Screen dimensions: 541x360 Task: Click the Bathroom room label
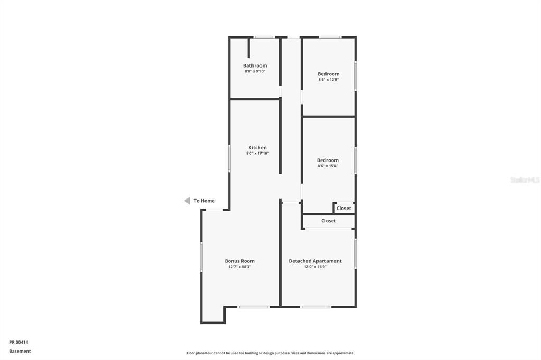255,65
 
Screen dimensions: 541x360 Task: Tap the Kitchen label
257,148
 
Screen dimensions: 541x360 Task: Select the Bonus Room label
239,261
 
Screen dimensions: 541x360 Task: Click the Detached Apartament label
315,261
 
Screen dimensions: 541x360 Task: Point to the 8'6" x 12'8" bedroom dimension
329,80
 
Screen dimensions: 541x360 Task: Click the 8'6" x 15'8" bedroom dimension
328,166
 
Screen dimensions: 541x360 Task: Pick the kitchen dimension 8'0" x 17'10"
257,154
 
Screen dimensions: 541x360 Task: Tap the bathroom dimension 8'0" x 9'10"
255,71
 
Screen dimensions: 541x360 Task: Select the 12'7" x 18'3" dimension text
239,267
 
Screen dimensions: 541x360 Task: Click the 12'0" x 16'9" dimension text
315,267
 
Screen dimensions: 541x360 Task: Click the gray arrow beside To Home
188,201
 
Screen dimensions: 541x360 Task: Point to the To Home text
204,201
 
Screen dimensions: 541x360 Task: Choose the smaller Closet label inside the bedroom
343,209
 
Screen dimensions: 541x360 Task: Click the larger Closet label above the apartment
329,221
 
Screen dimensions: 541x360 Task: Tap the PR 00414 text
18,343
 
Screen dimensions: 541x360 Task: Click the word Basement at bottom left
20,352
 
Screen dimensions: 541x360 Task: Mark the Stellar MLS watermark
525,180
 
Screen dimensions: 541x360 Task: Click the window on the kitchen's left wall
229,158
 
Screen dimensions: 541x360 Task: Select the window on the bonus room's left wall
201,257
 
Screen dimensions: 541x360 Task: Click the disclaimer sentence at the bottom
270,353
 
